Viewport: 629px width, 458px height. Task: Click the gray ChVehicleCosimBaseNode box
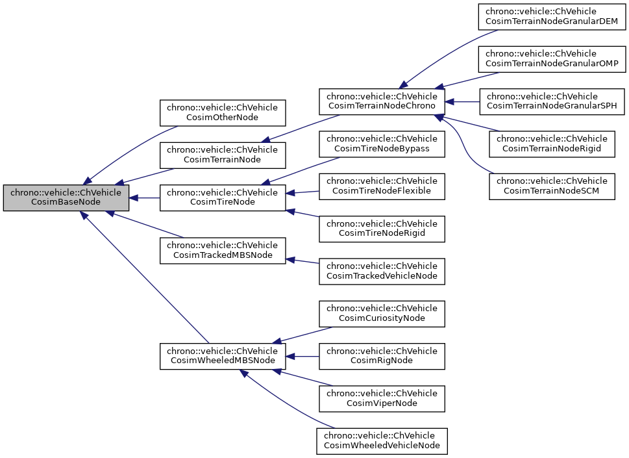(66, 197)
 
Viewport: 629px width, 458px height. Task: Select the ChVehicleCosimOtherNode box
(223, 112)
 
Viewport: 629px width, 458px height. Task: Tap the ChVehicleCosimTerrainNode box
(223, 155)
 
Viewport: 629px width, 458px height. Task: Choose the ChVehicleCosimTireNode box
(223, 197)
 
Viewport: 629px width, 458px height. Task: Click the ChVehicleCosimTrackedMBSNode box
(223, 251)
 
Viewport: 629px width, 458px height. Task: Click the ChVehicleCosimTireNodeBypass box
(382, 144)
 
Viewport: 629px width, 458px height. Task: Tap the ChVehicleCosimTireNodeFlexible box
(382, 186)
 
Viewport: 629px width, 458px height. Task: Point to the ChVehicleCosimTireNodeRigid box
(382, 229)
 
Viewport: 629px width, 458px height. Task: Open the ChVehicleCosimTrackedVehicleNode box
(382, 272)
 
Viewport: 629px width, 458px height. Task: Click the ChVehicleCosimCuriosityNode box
(382, 314)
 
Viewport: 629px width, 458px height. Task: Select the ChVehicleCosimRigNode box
(382, 357)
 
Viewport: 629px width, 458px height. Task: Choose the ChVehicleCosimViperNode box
(382, 399)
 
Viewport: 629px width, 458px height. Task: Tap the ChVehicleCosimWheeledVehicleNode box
(382, 441)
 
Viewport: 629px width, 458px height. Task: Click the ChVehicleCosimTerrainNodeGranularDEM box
(552, 17)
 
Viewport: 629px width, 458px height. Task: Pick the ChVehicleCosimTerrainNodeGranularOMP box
(552, 59)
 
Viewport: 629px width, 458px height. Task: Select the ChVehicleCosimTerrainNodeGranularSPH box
(552, 102)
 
